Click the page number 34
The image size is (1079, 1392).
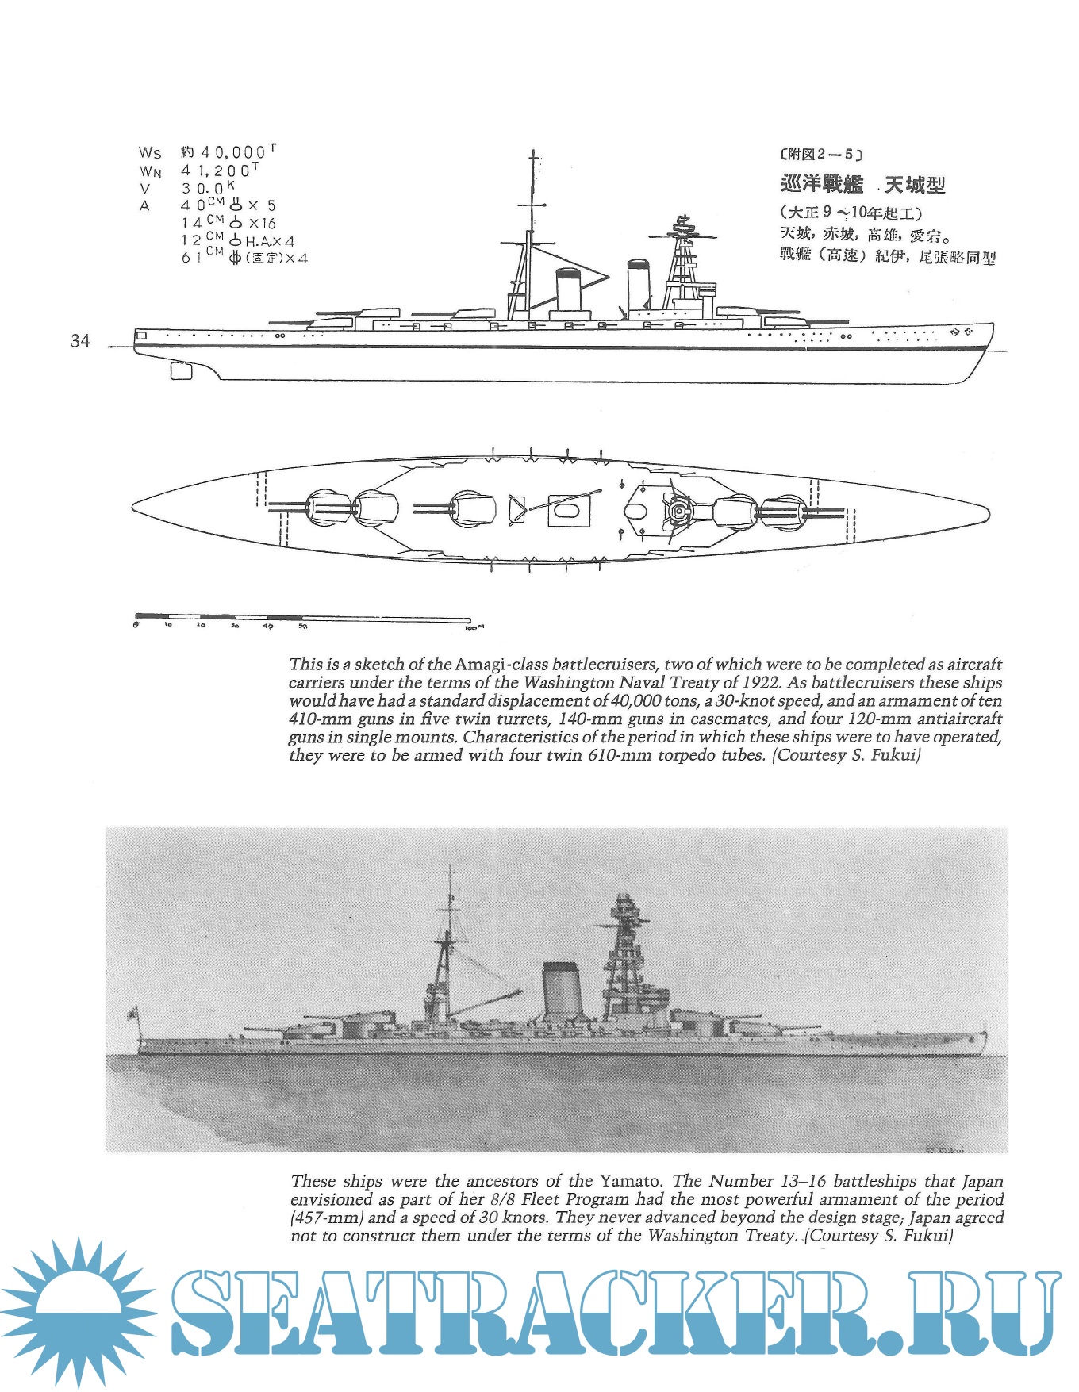(x=80, y=341)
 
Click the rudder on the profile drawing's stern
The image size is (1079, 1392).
(x=182, y=370)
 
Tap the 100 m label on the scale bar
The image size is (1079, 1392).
(x=474, y=627)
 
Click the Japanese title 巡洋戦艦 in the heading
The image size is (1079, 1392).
(x=822, y=185)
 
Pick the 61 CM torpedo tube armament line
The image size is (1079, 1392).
(x=244, y=257)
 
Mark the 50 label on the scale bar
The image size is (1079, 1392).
(x=303, y=627)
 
